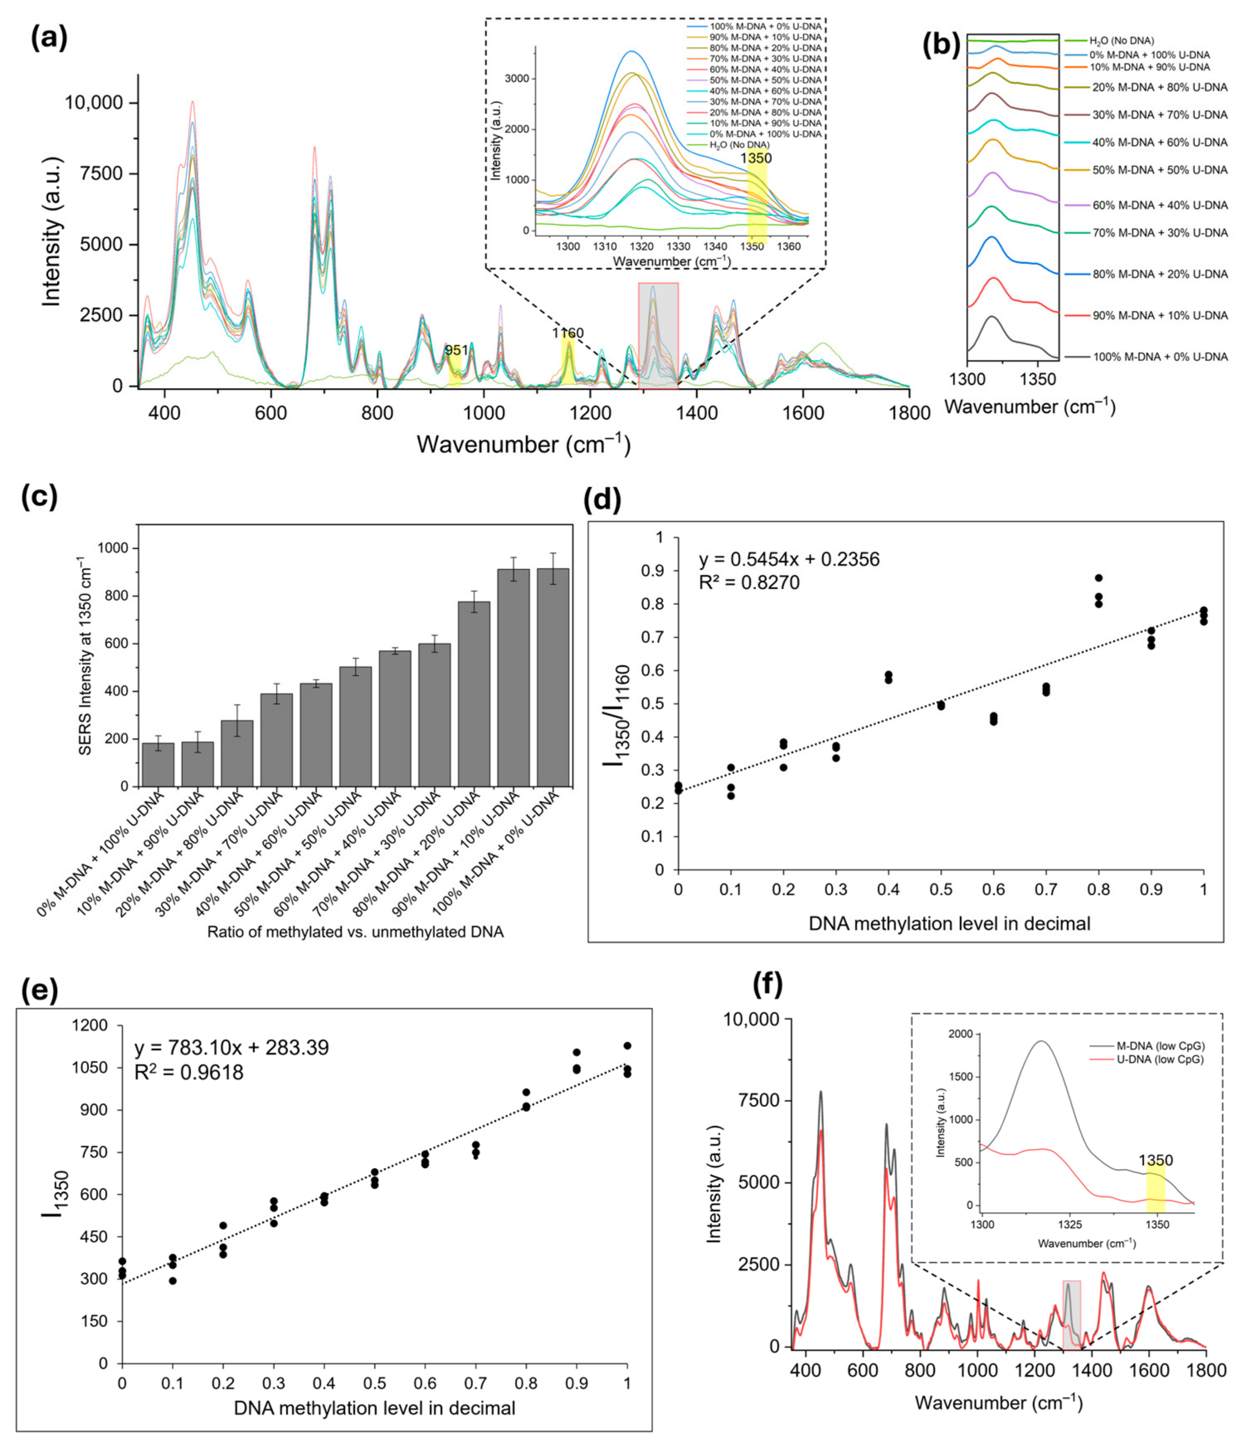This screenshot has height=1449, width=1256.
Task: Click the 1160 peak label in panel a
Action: pos(568,333)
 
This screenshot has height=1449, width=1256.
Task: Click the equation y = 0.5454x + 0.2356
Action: pos(789,559)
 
